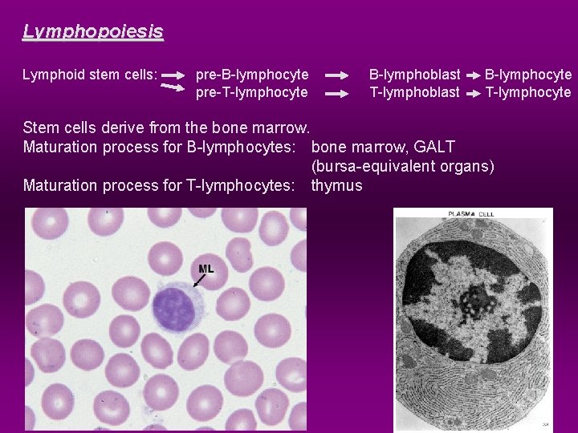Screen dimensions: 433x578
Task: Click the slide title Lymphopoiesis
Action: tap(92, 32)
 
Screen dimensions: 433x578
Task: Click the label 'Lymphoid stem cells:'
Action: tap(90, 75)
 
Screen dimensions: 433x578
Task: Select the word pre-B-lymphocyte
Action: tap(252, 75)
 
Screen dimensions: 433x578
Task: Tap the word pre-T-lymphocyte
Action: tap(252, 93)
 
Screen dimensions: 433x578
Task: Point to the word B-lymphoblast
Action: tap(414, 75)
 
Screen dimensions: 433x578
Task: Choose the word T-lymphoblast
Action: tap(414, 93)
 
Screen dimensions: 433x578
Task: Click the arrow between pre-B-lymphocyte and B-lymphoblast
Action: tap(337, 75)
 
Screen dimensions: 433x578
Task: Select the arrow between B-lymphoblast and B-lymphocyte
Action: tap(472, 75)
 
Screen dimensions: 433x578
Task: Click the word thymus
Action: tap(336, 186)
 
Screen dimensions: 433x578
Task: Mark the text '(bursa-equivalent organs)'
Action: tap(402, 167)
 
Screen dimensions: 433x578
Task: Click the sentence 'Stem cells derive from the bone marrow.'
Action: tap(166, 127)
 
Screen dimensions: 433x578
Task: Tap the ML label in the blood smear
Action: tap(206, 269)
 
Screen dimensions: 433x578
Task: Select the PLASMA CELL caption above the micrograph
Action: tap(471, 214)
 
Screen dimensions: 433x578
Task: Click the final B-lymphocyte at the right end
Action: tap(527, 75)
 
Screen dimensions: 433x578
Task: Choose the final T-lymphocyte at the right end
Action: tap(527, 93)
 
